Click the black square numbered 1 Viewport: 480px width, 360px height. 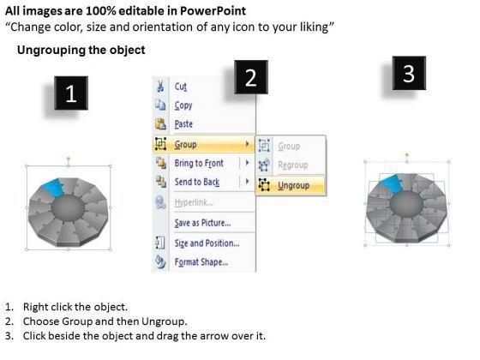(x=71, y=93)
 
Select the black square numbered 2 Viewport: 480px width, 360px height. (x=251, y=77)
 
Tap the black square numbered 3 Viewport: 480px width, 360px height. (x=409, y=73)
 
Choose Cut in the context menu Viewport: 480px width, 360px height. (x=181, y=87)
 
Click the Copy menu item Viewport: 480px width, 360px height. (x=183, y=105)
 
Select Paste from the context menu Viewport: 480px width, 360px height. (x=183, y=124)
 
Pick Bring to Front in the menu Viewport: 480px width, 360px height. (x=199, y=163)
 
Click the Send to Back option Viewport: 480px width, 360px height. (x=197, y=182)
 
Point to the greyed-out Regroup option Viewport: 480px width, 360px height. (x=293, y=165)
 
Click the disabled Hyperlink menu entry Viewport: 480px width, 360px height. (x=194, y=202)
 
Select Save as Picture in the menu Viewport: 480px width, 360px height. (x=202, y=223)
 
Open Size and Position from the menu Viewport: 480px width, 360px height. (x=207, y=243)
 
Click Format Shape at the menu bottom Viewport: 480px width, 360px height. (x=201, y=262)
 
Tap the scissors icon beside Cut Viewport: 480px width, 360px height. (x=160, y=86)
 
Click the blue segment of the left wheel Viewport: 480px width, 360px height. (x=54, y=187)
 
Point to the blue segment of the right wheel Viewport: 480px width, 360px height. (x=392, y=183)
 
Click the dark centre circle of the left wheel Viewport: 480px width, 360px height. (x=68, y=207)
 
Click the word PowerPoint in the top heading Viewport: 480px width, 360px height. (x=213, y=11)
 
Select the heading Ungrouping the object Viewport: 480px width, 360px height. (x=81, y=50)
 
